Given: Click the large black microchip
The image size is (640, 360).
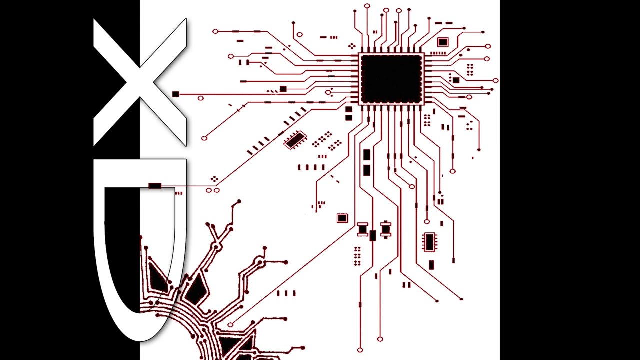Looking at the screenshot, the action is pyautogui.click(x=391, y=79).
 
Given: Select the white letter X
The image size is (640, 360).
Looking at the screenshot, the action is pyautogui.click(x=140, y=82).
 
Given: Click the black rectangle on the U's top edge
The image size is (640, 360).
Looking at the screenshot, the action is pyautogui.click(x=155, y=186).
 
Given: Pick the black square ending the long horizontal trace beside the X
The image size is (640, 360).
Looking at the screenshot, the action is pyautogui.click(x=175, y=94).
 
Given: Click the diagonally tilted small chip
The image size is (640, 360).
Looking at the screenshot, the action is pyautogui.click(x=295, y=140).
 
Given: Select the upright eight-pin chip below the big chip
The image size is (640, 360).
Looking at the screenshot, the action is pyautogui.click(x=429, y=242).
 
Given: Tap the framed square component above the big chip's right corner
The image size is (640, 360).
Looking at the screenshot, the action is pyautogui.click(x=443, y=42).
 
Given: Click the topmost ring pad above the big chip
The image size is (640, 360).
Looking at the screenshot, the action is pyautogui.click(x=367, y=6).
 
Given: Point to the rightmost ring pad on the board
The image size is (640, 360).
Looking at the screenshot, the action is pyautogui.click(x=495, y=81).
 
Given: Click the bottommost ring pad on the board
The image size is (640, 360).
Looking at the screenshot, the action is pyautogui.click(x=360, y=350).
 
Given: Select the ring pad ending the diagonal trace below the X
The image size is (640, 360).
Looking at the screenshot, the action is pyautogui.click(x=204, y=138).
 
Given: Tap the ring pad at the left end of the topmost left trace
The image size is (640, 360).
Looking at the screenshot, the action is pyautogui.click(x=215, y=31).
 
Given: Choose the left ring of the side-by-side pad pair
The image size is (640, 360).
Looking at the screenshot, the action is pyautogui.click(x=209, y=190).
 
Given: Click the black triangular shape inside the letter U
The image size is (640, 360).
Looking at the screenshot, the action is pyautogui.click(x=156, y=276).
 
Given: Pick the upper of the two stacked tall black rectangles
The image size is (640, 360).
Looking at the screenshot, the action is pyautogui.click(x=367, y=155).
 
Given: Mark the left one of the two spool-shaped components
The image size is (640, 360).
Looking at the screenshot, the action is pyautogui.click(x=363, y=229).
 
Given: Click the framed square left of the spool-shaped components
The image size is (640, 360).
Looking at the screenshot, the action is pyautogui.click(x=342, y=218).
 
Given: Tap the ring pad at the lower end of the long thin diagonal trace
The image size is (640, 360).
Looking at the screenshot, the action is pyautogui.click(x=230, y=325).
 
